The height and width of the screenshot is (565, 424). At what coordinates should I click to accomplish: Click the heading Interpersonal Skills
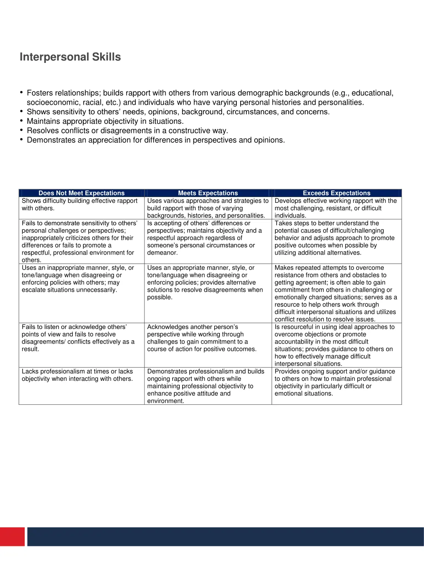pos(70,57)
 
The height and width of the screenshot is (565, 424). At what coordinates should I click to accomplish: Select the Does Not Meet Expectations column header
pos(82,193)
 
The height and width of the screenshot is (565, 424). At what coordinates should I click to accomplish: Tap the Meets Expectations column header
pos(208,193)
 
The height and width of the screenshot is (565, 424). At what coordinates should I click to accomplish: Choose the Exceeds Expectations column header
pos(337,193)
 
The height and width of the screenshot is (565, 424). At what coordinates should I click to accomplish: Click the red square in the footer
pos(12,536)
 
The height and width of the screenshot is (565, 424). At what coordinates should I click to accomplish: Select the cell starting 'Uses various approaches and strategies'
pos(208,208)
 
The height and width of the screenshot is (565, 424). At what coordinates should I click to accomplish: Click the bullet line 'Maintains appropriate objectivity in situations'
pos(105,121)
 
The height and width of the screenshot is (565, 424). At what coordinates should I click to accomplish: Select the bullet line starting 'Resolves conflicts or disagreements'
pos(128,131)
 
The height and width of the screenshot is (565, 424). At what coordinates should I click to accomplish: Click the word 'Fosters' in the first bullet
pos(40,93)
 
